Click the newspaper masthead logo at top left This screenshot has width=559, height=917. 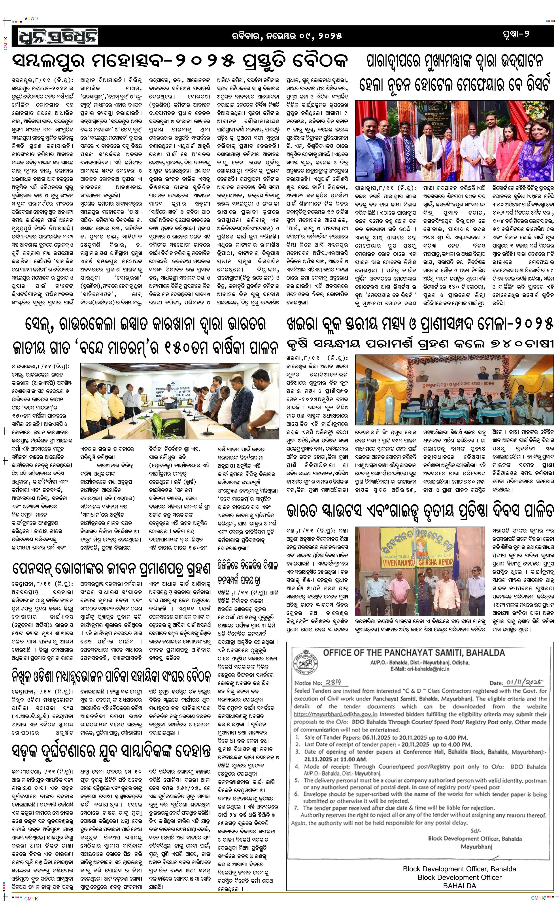pos(59,36)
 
